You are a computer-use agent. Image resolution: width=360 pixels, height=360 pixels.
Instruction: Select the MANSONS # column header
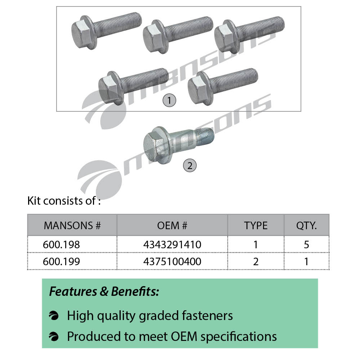72,226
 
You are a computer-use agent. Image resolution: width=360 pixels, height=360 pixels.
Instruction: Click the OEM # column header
172,226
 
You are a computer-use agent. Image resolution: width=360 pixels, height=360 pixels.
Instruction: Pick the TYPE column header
255,226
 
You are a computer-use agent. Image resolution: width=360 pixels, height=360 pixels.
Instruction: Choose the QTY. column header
306,226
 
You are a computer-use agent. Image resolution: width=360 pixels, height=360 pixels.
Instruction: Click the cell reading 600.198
61,245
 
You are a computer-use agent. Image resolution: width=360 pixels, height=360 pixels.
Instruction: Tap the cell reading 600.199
61,261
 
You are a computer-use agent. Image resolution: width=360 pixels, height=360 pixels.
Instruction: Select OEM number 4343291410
172,245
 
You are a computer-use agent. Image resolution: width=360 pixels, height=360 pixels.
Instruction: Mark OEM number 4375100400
172,261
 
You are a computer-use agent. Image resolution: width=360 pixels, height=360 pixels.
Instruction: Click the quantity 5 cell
306,245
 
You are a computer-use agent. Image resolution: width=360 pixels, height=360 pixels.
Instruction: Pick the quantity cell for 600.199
306,261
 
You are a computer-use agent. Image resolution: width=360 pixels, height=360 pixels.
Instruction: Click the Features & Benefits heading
104,292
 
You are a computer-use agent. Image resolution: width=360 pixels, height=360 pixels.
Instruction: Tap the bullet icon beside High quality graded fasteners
54,316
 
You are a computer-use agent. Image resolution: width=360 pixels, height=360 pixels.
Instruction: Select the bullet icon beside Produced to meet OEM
54,337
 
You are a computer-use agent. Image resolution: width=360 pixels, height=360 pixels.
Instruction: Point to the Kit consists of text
64,201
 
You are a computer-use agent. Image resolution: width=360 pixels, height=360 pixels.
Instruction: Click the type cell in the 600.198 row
255,245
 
